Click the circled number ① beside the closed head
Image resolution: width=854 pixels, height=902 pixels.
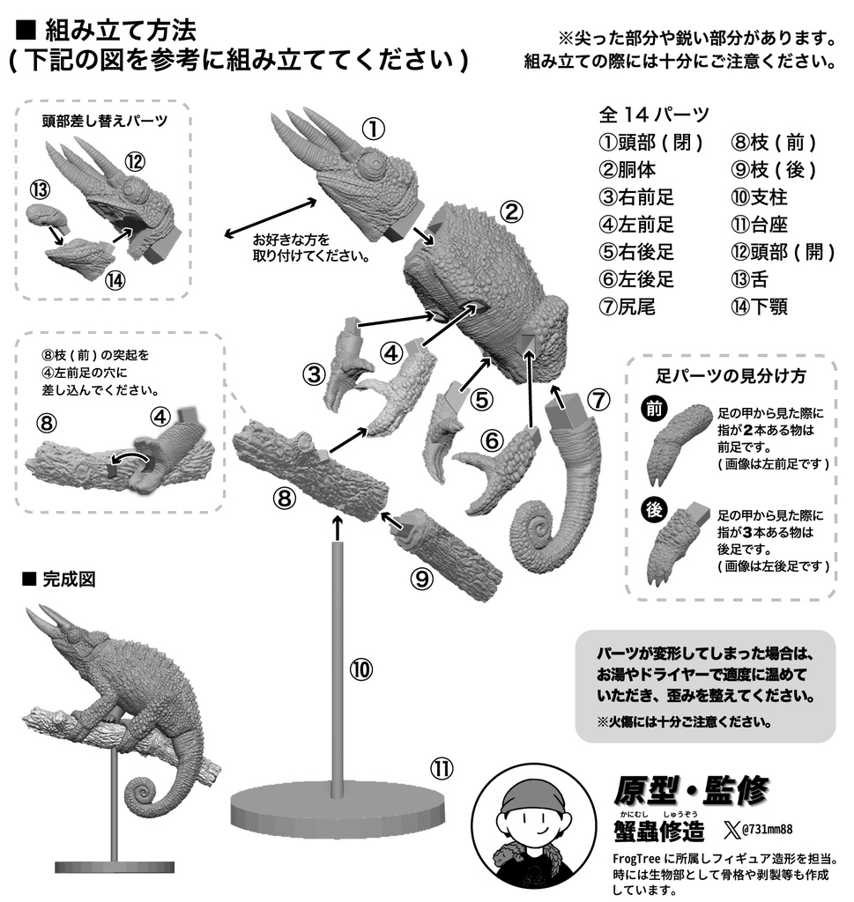373,129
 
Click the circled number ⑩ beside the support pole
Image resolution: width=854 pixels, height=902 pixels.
360,669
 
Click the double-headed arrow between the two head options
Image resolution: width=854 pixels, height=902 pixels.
270,218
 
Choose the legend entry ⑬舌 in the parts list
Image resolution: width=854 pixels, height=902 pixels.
750,279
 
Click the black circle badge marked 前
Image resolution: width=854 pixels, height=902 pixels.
653,409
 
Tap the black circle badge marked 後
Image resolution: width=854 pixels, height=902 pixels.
653,510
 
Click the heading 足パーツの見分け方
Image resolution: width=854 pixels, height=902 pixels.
731,375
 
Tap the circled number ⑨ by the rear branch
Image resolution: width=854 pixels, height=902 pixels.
421,578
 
